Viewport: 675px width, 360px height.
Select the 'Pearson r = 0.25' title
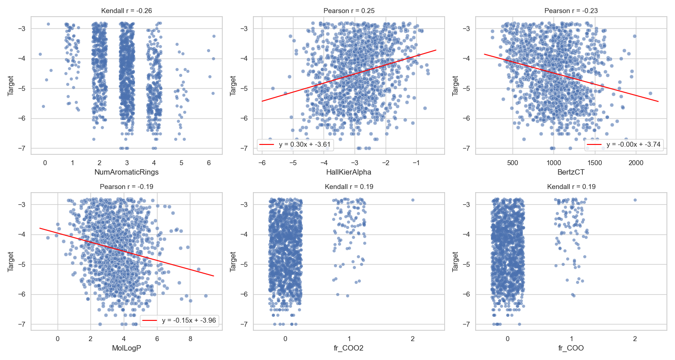point(349,11)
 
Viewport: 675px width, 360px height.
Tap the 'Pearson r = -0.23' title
point(571,11)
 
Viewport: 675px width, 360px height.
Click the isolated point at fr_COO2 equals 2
point(413,200)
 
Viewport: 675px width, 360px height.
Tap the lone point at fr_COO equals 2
point(635,200)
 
